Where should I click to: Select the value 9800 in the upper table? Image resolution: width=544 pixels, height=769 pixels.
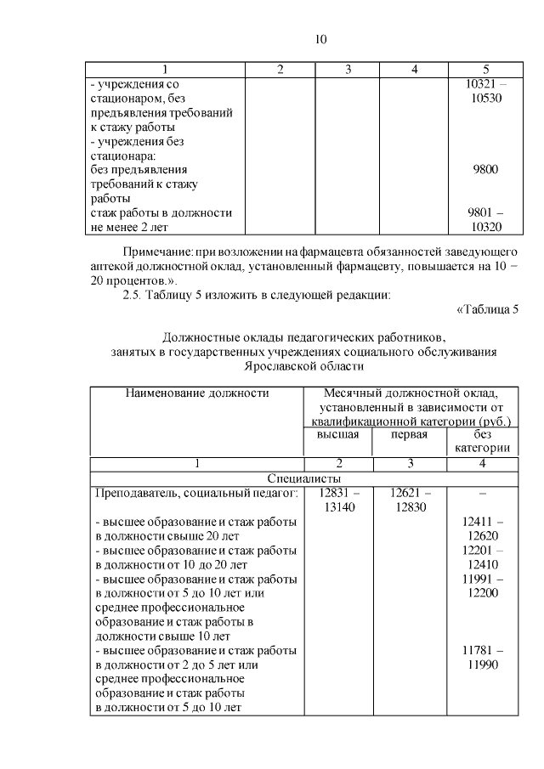pyautogui.click(x=485, y=169)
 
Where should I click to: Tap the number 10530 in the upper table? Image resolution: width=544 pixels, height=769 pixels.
pyautogui.click(x=485, y=99)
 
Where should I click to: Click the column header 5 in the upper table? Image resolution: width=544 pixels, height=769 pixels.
pyautogui.click(x=485, y=69)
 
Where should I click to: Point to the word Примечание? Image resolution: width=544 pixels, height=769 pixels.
pyautogui.click(x=157, y=253)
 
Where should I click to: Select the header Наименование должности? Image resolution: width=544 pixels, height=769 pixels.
pyautogui.click(x=197, y=393)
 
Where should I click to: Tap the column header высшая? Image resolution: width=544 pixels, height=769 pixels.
pyautogui.click(x=338, y=435)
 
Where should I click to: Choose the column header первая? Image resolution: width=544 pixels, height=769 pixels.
pyautogui.click(x=409, y=435)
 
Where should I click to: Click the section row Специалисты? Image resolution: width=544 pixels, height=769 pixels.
pyautogui.click(x=304, y=478)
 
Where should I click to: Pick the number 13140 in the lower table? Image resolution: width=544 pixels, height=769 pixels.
pyautogui.click(x=338, y=507)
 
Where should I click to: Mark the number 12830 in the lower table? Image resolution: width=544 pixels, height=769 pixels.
pyautogui.click(x=410, y=507)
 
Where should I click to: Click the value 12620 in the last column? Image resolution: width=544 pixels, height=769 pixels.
pyautogui.click(x=481, y=536)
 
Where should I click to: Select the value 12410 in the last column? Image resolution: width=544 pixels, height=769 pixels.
pyautogui.click(x=481, y=564)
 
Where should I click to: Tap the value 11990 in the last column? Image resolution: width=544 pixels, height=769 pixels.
pyautogui.click(x=481, y=664)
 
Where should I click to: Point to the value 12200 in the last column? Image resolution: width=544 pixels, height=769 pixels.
pyautogui.click(x=481, y=593)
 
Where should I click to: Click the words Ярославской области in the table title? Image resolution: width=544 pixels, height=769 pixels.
pyautogui.click(x=303, y=366)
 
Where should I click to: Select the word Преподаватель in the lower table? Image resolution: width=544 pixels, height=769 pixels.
pyautogui.click(x=135, y=493)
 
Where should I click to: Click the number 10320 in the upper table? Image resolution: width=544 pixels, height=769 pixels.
pyautogui.click(x=485, y=227)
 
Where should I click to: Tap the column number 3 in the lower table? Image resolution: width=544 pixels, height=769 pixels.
pyautogui.click(x=410, y=464)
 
